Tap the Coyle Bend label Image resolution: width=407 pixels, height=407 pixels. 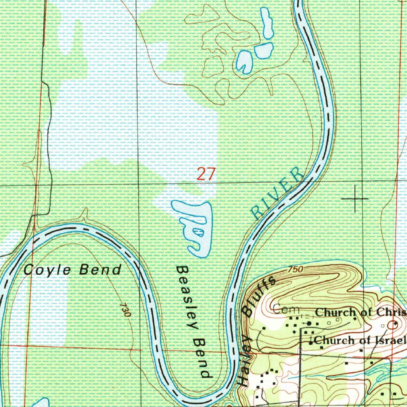(x=72, y=270)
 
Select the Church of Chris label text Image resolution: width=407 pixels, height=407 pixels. (x=360, y=312)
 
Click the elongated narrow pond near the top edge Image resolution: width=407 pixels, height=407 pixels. (x=266, y=23)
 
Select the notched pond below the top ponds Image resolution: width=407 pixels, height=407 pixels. (x=244, y=61)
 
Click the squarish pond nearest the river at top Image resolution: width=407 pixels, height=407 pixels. (x=264, y=50)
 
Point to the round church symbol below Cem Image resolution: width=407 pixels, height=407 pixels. (x=309, y=324)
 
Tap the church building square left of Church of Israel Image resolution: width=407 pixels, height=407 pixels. (x=311, y=341)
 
